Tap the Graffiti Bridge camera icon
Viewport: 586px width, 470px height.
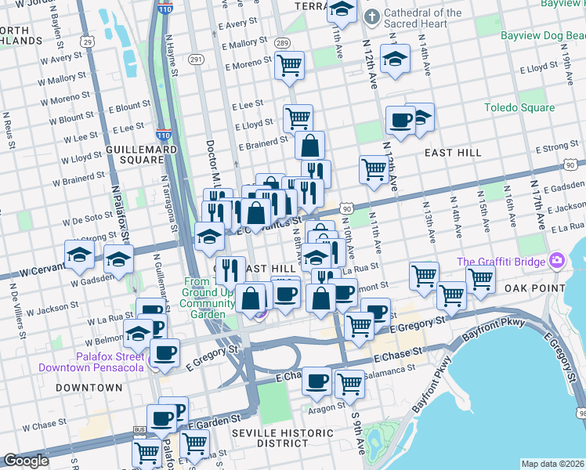click(x=557, y=259)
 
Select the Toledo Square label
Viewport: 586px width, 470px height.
click(x=519, y=108)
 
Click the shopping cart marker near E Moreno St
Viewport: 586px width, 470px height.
click(x=289, y=65)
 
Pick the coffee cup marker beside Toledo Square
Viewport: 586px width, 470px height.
click(x=400, y=121)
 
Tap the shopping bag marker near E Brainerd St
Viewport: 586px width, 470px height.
click(x=310, y=145)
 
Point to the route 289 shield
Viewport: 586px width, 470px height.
click(x=283, y=43)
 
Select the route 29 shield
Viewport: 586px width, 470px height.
click(x=88, y=42)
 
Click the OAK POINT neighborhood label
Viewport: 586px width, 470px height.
click(x=535, y=288)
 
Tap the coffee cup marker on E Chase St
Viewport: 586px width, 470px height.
click(x=317, y=381)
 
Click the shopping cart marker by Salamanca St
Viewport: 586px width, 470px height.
click(x=349, y=384)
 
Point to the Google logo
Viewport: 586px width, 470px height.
click(x=26, y=461)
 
